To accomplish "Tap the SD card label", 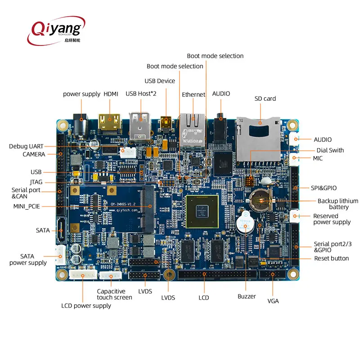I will tap(265, 99).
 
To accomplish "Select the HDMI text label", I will tap(111, 94).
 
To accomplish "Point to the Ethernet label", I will tap(193, 94).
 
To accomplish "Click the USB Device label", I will tap(160, 81).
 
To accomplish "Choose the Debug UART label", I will tap(27, 146).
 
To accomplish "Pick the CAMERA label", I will tap(34, 154).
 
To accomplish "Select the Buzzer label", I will tap(247, 296).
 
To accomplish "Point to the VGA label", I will tap(273, 301).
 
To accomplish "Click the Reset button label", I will tap(332, 258).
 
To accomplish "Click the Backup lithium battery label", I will tap(338, 204).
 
